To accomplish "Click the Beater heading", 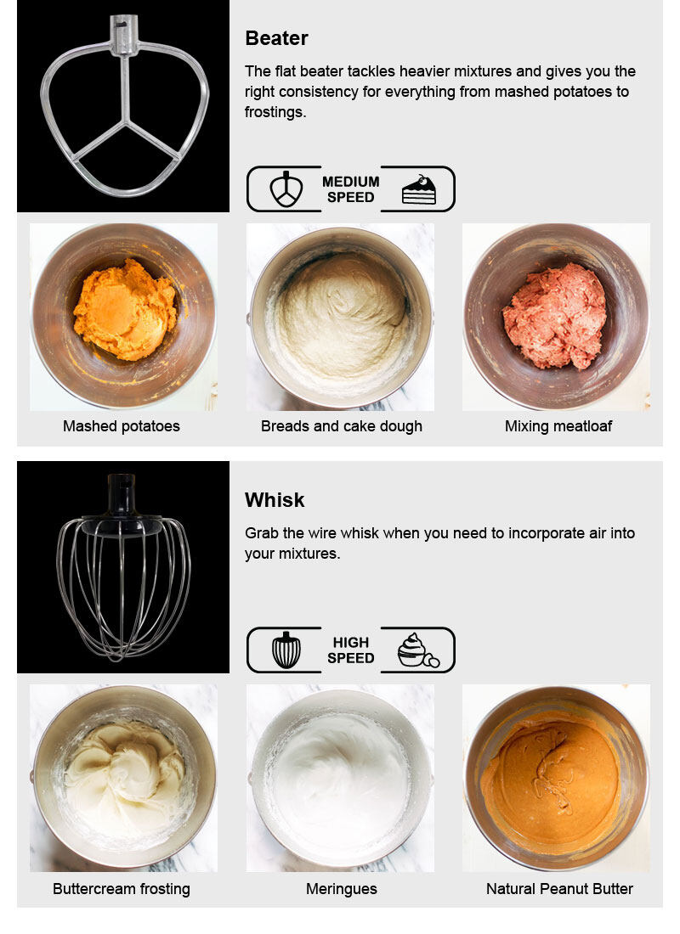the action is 276,38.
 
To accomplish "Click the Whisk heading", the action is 275,500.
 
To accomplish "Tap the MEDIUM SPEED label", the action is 351,189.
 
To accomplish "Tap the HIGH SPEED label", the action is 351,650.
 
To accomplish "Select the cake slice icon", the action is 419,190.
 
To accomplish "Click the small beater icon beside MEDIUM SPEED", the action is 286,189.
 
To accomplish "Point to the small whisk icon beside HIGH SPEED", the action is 286,650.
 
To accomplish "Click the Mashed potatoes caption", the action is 121,426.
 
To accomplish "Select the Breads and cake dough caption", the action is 341,426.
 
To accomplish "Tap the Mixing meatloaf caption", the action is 558,426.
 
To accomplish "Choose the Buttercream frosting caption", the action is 121,889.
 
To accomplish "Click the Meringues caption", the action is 341,889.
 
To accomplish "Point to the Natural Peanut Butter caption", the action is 559,889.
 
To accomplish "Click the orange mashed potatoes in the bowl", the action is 125,310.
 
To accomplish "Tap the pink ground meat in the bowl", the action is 555,316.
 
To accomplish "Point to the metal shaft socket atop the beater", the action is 124,36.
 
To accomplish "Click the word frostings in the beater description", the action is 275,112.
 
